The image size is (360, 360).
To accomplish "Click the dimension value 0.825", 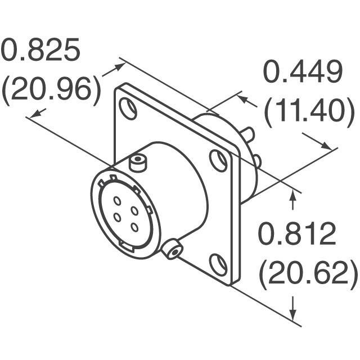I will coord(40,52).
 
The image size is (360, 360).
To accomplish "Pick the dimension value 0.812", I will coord(297,235).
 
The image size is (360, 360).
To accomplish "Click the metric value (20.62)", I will coord(308,273).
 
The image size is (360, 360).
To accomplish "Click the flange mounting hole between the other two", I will coord(219,160).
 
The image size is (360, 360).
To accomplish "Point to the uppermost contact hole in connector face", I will coord(118,200).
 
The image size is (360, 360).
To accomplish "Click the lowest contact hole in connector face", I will coord(134,227).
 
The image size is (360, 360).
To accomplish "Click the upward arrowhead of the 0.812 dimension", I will coord(292,194).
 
